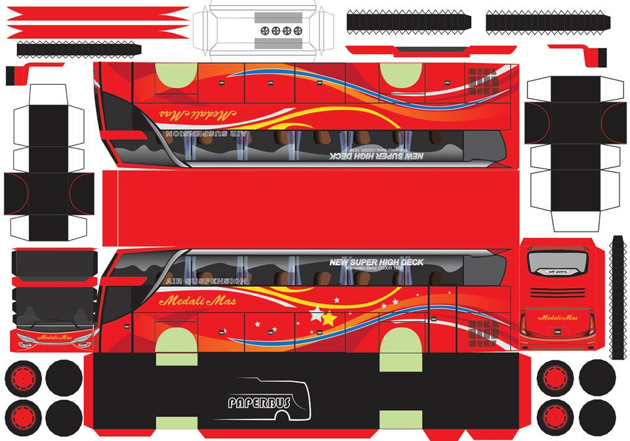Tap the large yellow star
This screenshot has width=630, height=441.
tap(329, 319)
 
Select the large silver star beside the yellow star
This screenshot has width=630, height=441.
tap(316, 312)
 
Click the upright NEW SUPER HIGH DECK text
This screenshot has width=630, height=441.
tap(376, 262)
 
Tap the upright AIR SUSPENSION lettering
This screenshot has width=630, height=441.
tap(207, 281)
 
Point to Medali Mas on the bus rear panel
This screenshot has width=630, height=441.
tap(557, 318)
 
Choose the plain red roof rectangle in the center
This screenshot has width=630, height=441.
tap(308, 207)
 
